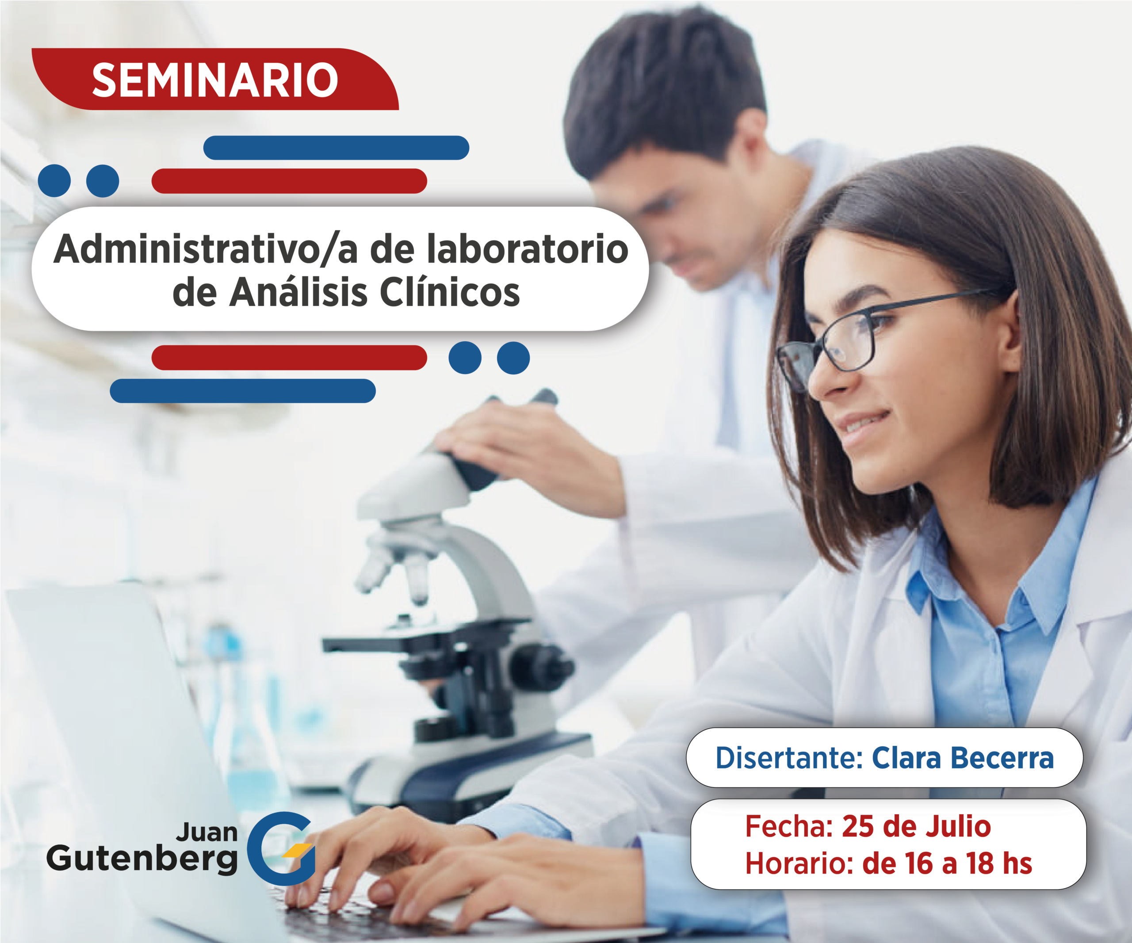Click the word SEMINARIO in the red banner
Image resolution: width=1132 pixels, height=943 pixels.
(x=215, y=80)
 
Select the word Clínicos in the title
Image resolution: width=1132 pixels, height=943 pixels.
(x=450, y=293)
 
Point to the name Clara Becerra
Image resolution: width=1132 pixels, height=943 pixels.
(x=963, y=758)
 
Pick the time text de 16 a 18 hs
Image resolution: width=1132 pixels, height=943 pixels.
(x=947, y=863)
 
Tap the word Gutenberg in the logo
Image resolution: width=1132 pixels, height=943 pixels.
(x=142, y=859)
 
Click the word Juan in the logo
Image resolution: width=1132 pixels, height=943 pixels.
(x=207, y=832)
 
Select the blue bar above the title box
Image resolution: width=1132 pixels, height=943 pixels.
(x=336, y=148)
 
